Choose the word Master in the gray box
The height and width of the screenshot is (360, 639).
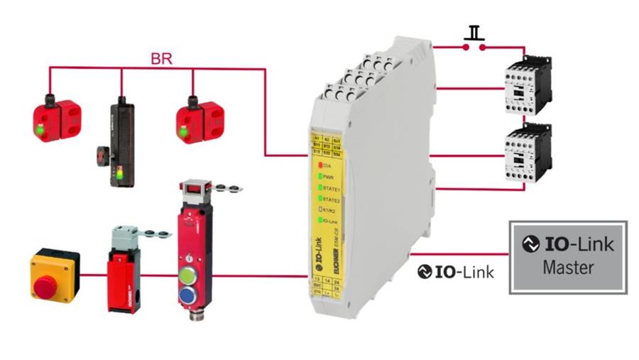pyautogui.click(x=568, y=269)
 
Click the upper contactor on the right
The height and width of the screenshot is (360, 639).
pyautogui.click(x=526, y=84)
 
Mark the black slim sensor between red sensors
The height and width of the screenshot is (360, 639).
pyautogui.click(x=121, y=142)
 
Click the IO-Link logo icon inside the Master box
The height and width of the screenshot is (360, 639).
pyautogui.click(x=531, y=244)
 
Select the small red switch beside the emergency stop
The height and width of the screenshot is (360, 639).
pyautogui.click(x=123, y=273)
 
